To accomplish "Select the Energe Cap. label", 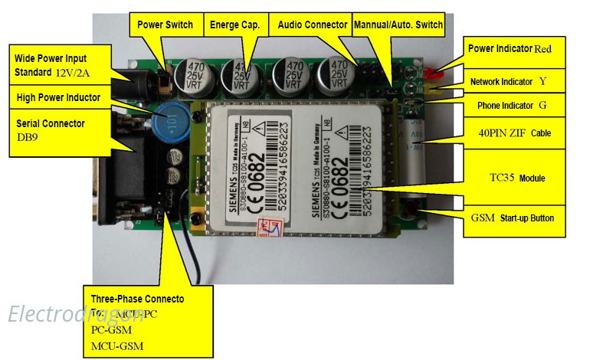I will pyautogui.click(x=234, y=25).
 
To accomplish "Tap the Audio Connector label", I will pyautogui.click(x=312, y=25).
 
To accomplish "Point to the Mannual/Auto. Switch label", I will pyautogui.click(x=398, y=25).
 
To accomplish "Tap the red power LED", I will pyautogui.click(x=434, y=75).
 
